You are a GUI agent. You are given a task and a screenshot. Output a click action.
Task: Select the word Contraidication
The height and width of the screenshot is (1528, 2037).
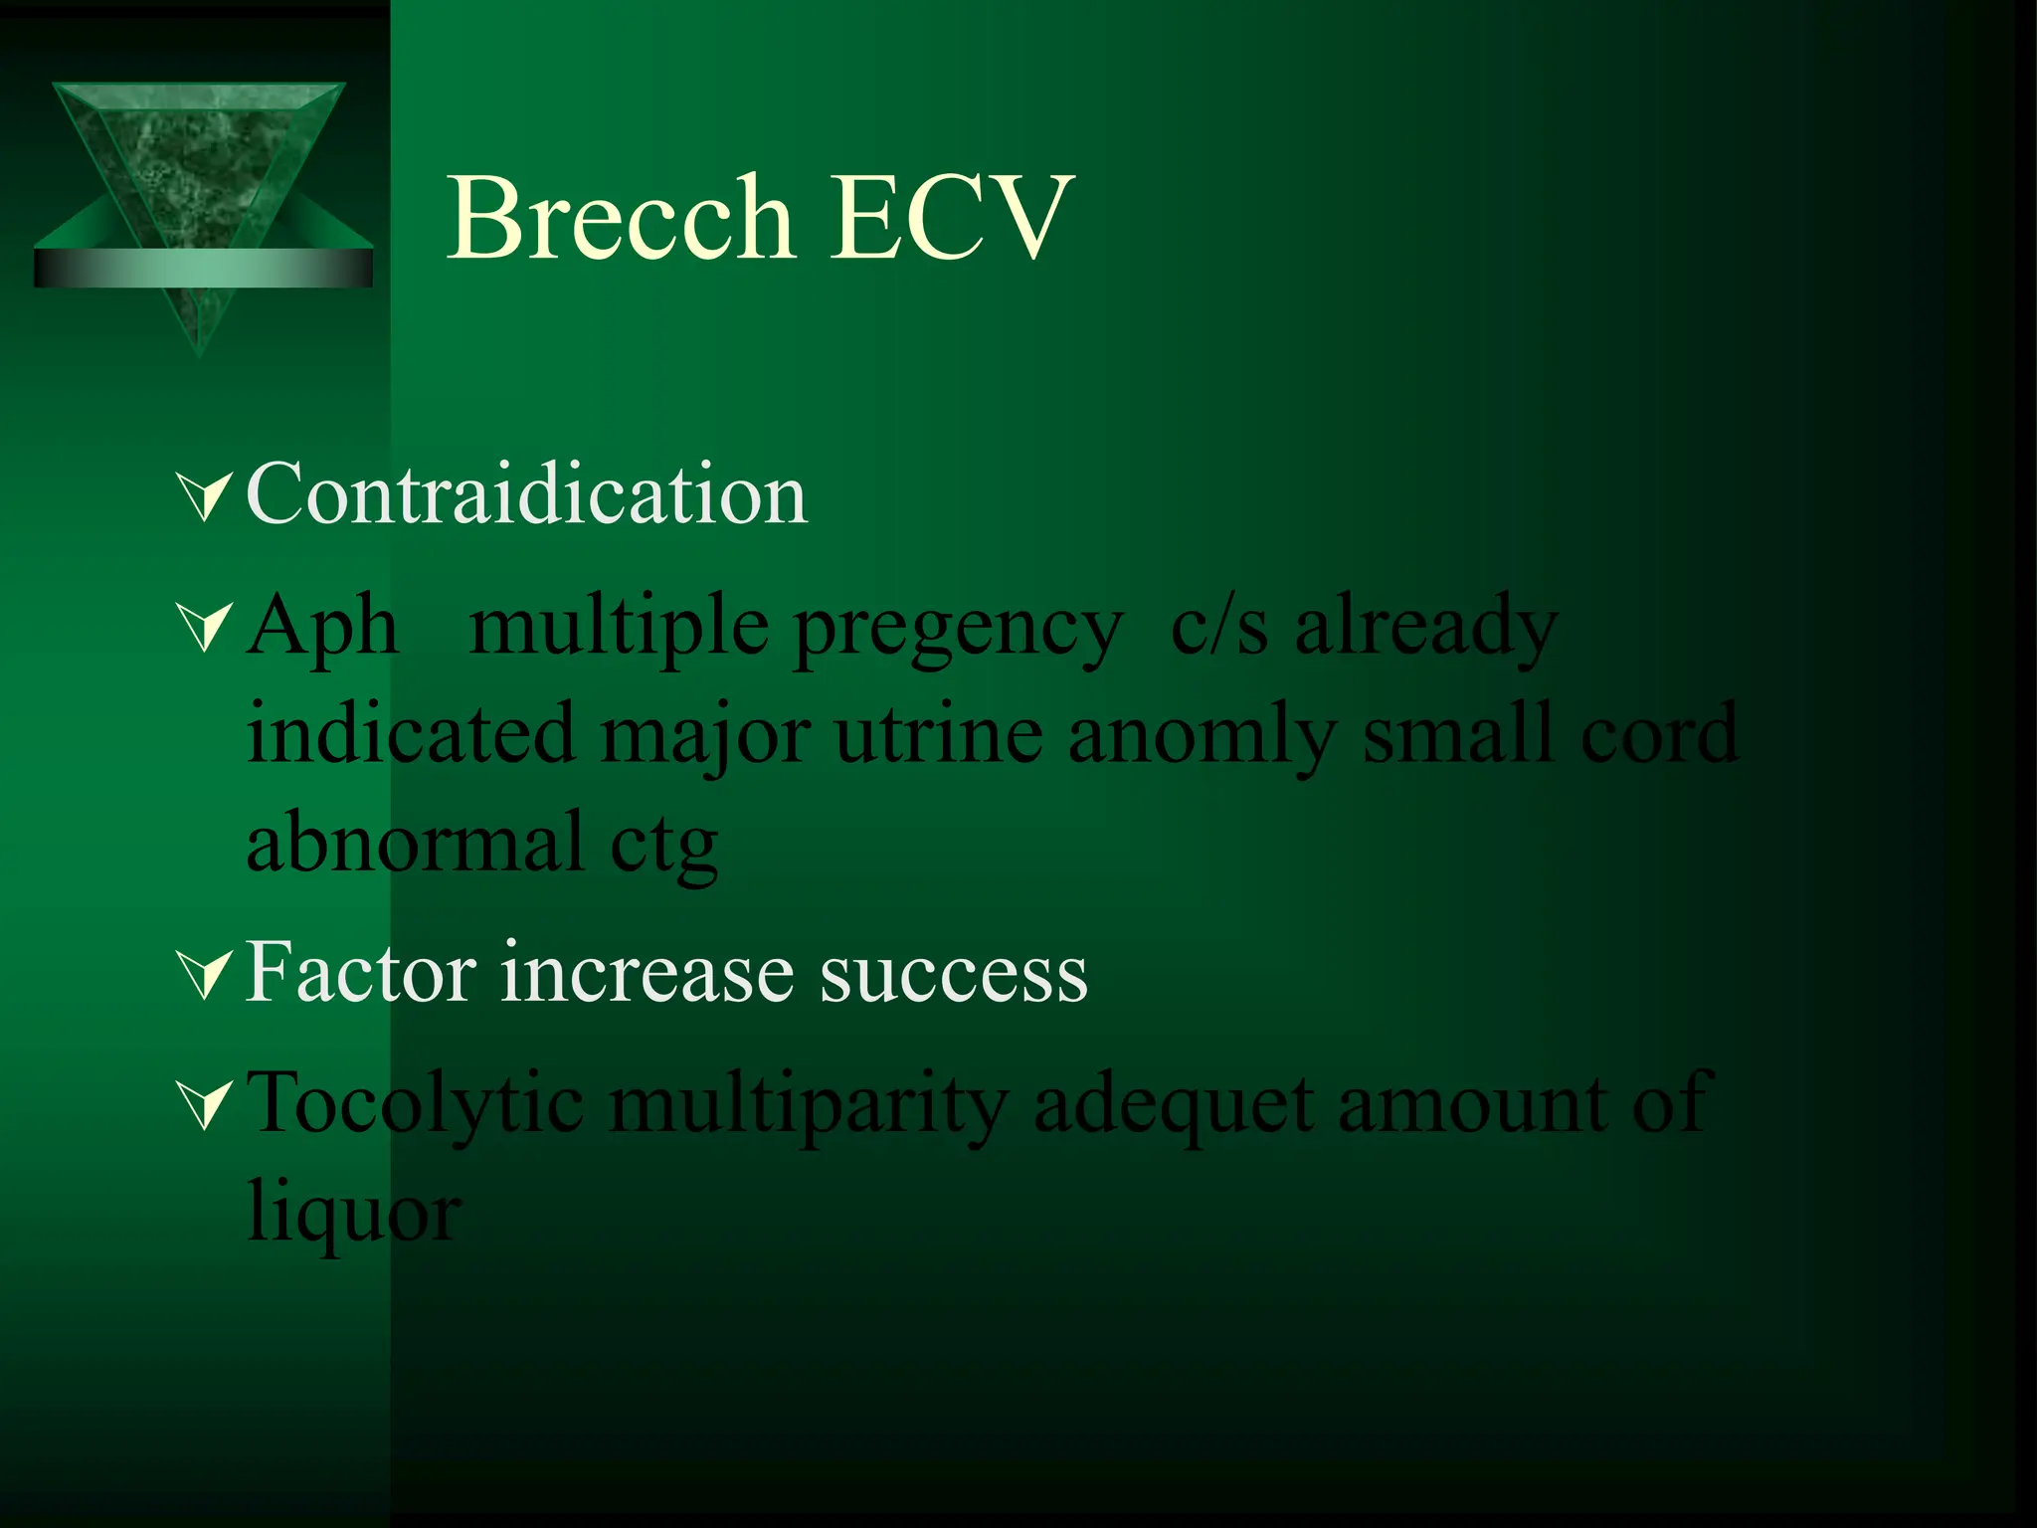(526, 494)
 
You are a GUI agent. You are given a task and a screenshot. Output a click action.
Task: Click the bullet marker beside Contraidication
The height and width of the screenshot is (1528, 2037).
(205, 496)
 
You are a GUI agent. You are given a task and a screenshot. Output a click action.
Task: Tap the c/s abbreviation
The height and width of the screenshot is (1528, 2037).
(1219, 627)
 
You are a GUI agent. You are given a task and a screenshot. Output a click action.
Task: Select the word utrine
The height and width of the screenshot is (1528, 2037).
(939, 734)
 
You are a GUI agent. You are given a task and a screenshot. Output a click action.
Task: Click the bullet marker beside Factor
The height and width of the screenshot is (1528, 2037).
(205, 974)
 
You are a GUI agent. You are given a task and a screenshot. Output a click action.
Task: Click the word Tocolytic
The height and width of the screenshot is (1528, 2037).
(415, 1105)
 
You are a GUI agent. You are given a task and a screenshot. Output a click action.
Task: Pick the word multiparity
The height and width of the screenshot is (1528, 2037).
(809, 1105)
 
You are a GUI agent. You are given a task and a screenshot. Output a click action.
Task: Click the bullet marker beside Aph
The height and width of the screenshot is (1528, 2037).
(205, 629)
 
